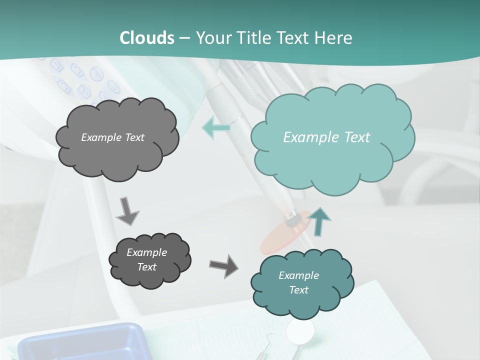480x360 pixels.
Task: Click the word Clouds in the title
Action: tap(147, 37)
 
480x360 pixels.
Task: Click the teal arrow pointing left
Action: tap(216, 127)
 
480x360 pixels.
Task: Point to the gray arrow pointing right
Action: tap(223, 265)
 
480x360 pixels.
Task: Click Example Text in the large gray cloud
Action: tap(112, 137)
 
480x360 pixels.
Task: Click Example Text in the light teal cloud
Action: tap(326, 137)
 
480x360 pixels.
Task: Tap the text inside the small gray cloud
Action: tap(146, 259)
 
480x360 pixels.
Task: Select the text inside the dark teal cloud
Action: tap(298, 282)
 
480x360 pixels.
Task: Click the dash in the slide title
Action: tap(184, 38)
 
